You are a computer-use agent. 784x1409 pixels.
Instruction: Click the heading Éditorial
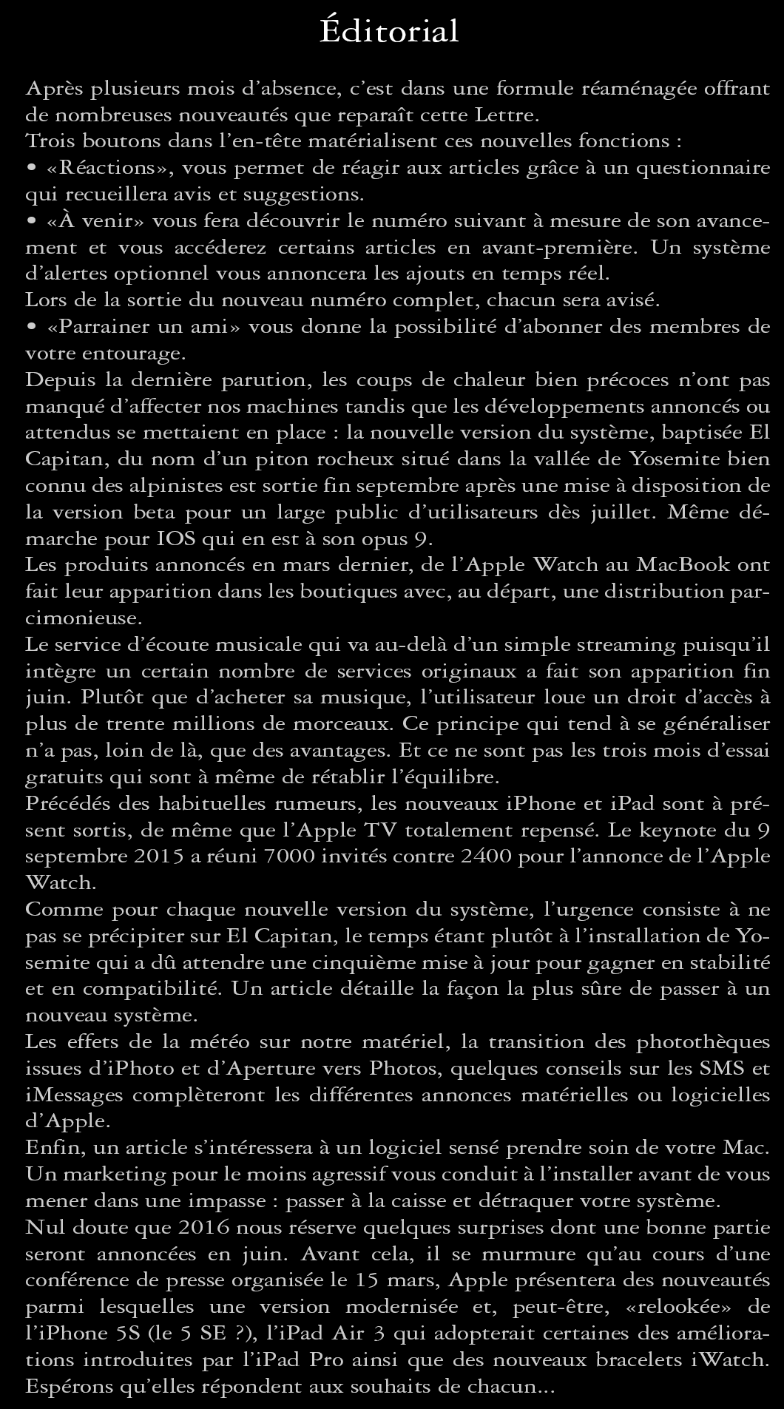tap(389, 32)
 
